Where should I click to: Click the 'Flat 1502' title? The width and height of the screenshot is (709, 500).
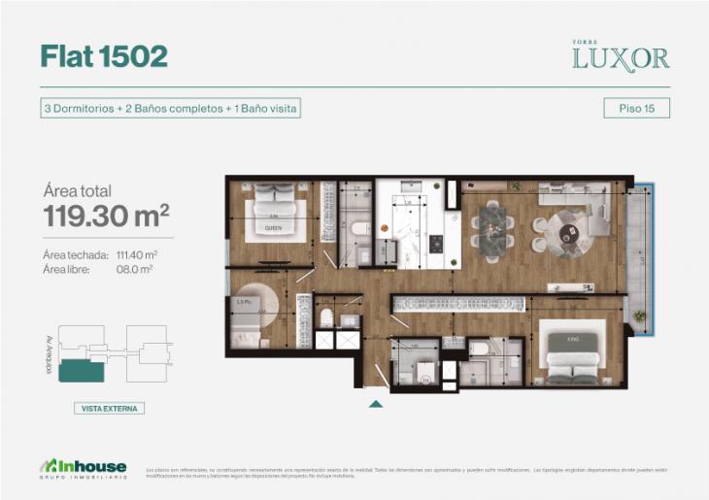[x=104, y=56]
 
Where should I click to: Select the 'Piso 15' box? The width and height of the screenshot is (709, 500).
[x=636, y=109]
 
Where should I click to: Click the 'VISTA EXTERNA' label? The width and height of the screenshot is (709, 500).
[x=109, y=409]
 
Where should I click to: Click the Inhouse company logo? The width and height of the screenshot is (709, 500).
[x=82, y=467]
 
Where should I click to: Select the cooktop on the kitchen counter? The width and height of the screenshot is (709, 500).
[x=436, y=243]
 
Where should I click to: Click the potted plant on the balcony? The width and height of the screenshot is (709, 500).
[x=639, y=317]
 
